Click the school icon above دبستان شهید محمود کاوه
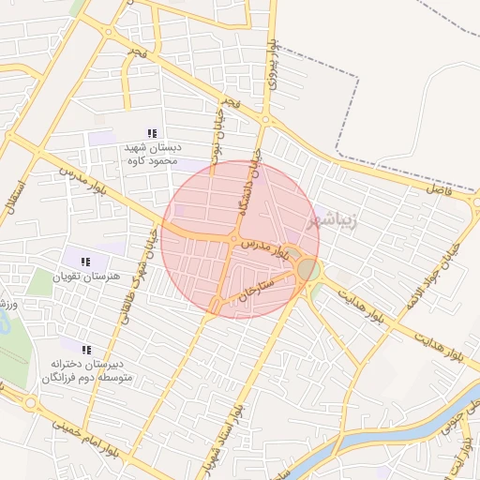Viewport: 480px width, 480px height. [152, 134]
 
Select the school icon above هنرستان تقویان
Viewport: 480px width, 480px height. [85, 262]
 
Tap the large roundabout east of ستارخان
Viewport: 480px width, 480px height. [307, 270]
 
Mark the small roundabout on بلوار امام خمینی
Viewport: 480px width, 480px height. [30, 403]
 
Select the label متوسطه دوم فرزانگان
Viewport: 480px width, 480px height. [89, 378]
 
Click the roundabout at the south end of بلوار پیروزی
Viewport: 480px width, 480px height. [266, 120]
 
